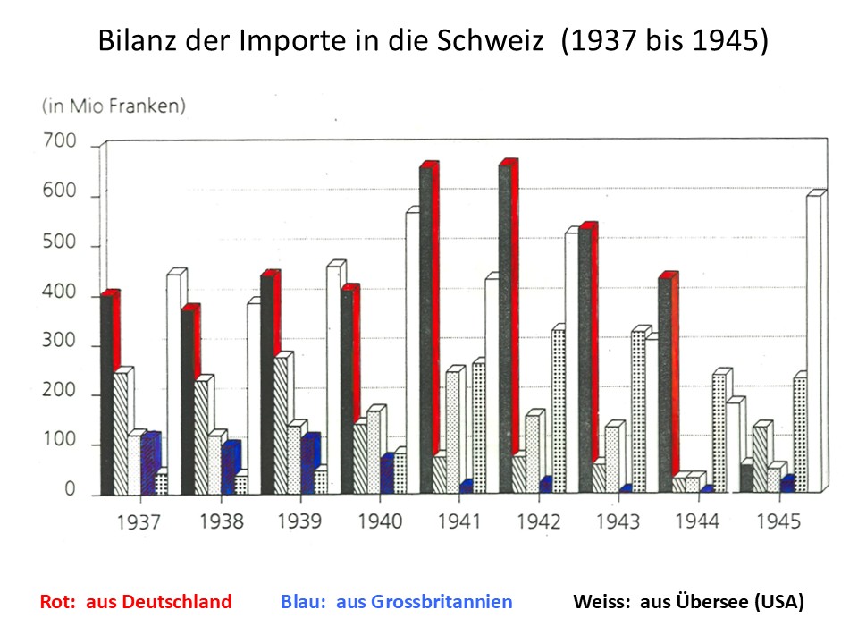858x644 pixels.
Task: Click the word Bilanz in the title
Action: [x=131, y=42]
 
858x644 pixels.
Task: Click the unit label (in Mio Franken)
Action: [x=114, y=106]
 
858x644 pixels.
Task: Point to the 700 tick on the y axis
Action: [x=59, y=144]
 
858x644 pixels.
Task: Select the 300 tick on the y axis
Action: [x=59, y=345]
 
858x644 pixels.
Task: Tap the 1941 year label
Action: [x=459, y=521]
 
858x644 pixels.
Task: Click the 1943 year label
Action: [x=618, y=521]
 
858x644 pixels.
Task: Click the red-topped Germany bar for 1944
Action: [x=667, y=376]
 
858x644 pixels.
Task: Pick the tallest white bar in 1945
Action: [x=814, y=340]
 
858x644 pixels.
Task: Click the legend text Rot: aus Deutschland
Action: [x=136, y=602]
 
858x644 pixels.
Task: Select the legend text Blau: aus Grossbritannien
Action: [x=397, y=602]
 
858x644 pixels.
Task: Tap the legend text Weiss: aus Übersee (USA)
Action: [x=688, y=602]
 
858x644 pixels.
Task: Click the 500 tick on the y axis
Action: [x=59, y=245]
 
